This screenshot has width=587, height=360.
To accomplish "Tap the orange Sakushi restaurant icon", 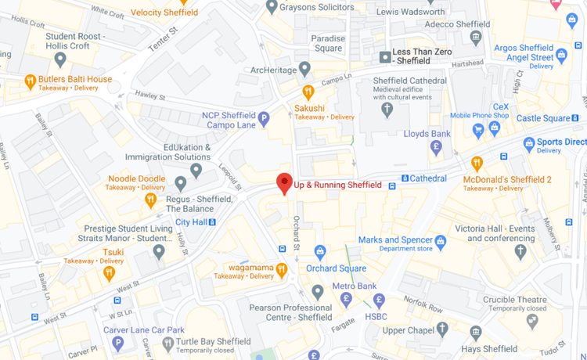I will click(x=308, y=92).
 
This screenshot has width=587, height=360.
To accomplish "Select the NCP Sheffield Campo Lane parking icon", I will click(x=265, y=119).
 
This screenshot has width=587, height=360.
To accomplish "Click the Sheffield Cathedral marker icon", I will click(x=387, y=109).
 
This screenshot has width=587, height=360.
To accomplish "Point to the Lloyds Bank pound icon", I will click(x=438, y=147).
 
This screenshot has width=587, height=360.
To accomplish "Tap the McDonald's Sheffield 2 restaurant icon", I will click(x=477, y=164).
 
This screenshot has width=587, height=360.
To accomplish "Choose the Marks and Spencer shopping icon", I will click(x=441, y=242).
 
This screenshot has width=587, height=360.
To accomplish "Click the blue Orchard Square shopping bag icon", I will click(x=319, y=252).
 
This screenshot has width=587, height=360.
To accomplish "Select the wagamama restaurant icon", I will click(x=282, y=270).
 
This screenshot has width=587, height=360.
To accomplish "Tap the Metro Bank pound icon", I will click(x=346, y=298).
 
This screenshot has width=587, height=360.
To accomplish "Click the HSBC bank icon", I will click(x=380, y=300).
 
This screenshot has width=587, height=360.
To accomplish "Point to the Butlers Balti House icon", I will click(x=31, y=80).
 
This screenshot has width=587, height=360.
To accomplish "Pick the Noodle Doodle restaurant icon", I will click(x=151, y=200).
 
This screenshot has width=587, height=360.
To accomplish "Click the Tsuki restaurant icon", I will click(x=110, y=273).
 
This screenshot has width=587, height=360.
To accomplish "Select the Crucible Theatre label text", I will click(x=514, y=299).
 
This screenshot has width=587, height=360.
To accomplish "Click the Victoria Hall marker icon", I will click(x=520, y=251).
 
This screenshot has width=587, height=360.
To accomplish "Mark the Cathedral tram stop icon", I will click(x=405, y=178).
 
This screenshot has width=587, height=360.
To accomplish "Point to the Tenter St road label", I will click(x=164, y=38).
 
